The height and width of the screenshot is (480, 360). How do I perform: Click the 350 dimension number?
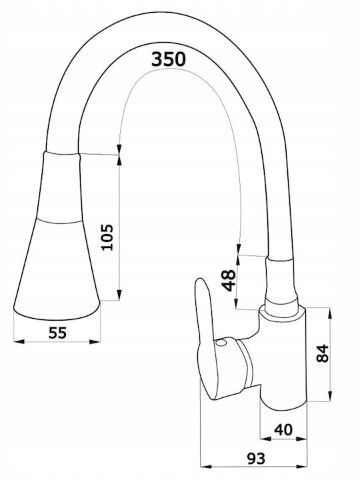[x=169, y=59]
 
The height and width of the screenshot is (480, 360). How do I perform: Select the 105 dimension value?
[x=107, y=237]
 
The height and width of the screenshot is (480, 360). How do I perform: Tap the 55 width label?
[x=57, y=333]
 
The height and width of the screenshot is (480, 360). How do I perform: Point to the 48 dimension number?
[x=229, y=281]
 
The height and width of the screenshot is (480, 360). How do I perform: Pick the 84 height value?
[x=323, y=353]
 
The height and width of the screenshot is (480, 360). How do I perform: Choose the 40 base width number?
[x=283, y=430]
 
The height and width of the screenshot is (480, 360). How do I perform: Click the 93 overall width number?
[x=256, y=458]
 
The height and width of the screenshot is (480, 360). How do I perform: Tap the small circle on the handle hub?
[x=221, y=343]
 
